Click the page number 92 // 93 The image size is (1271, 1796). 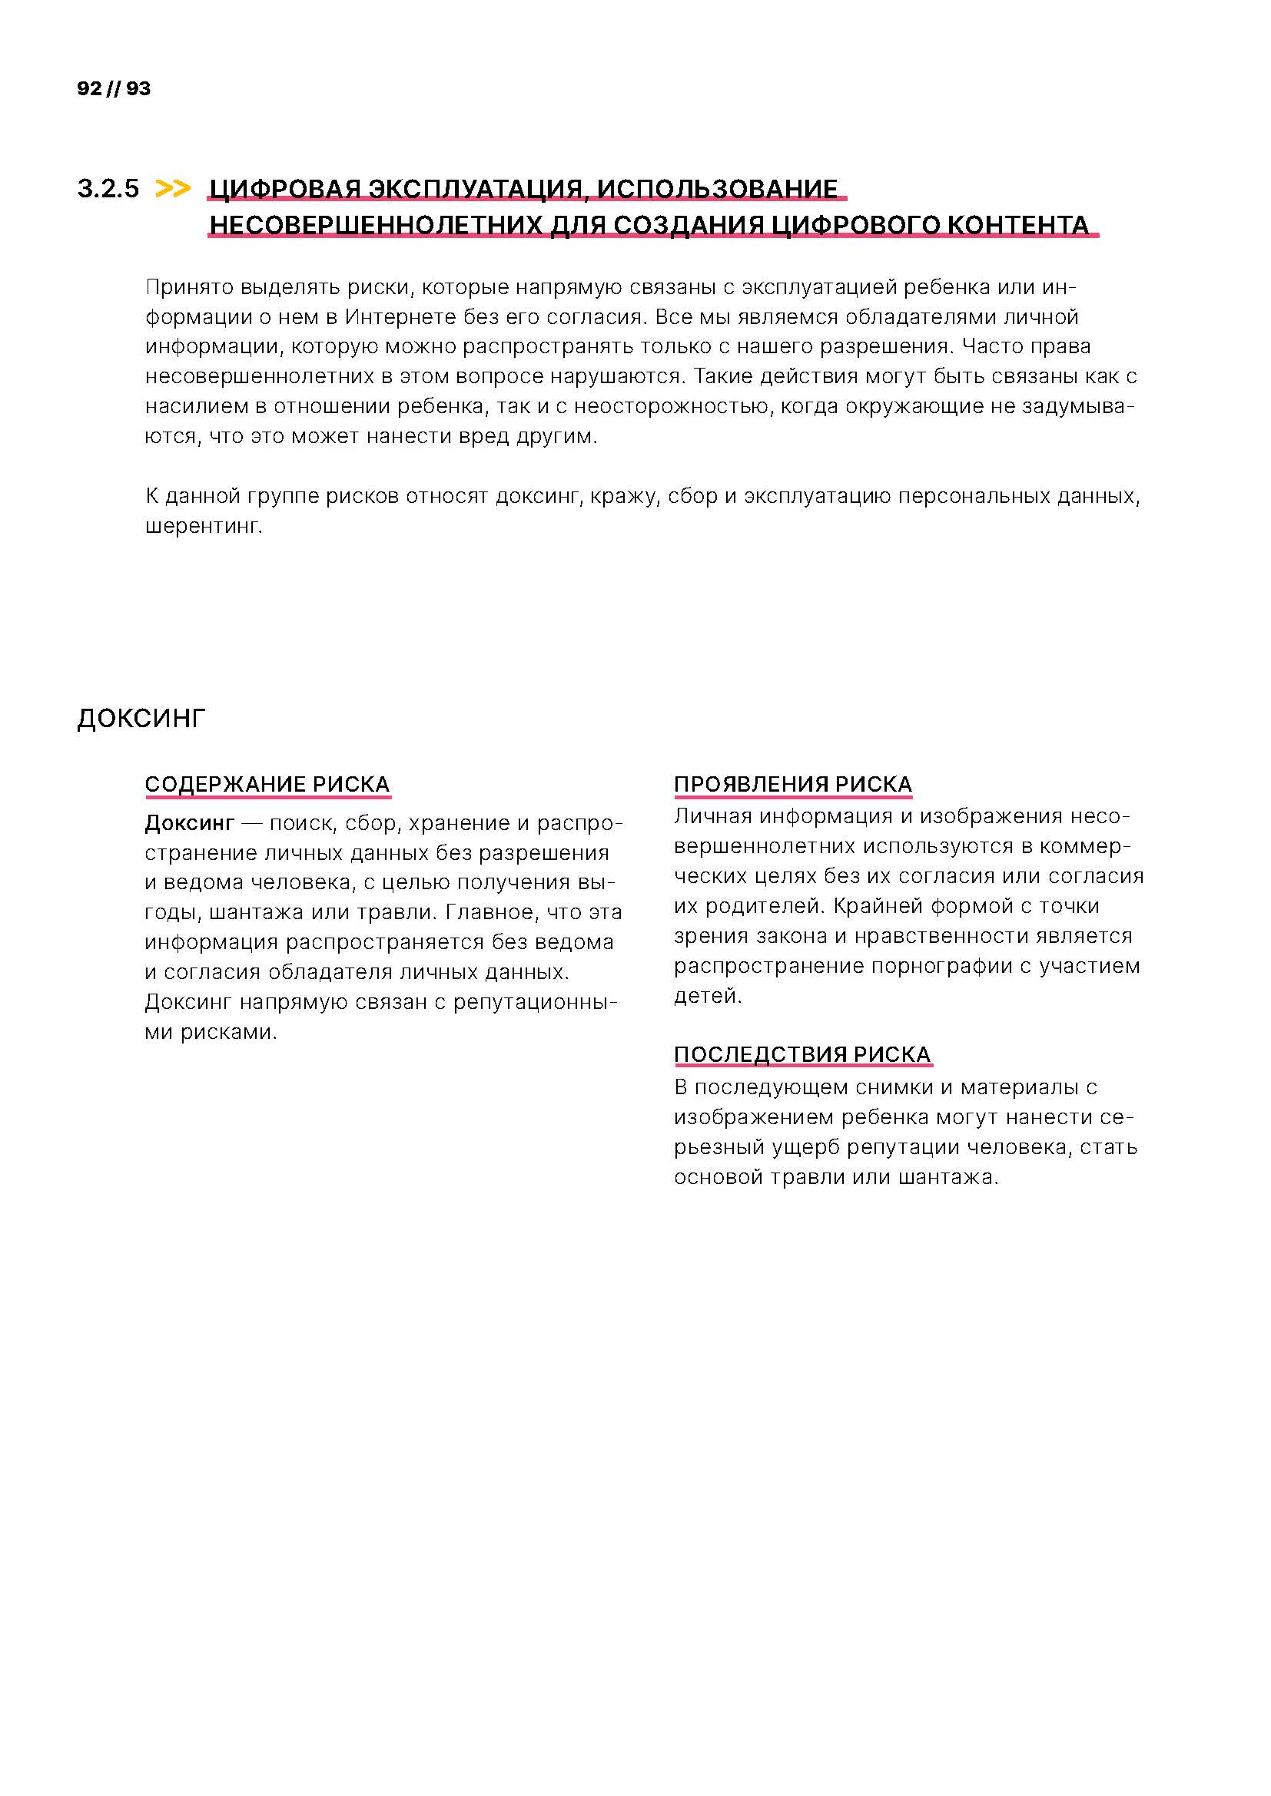pos(114,88)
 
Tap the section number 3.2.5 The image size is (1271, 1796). pos(108,189)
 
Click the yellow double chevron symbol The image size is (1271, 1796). pos(173,189)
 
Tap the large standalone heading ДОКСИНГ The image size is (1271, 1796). pos(141,718)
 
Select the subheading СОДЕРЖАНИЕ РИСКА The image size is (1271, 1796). pos(267,784)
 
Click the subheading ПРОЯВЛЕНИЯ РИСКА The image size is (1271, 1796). pos(793,784)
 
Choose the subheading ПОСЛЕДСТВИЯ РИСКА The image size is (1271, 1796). pos(802,1054)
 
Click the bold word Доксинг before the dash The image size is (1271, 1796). pos(189,823)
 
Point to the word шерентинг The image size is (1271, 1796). pos(204,527)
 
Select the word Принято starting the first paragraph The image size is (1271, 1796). pos(189,287)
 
